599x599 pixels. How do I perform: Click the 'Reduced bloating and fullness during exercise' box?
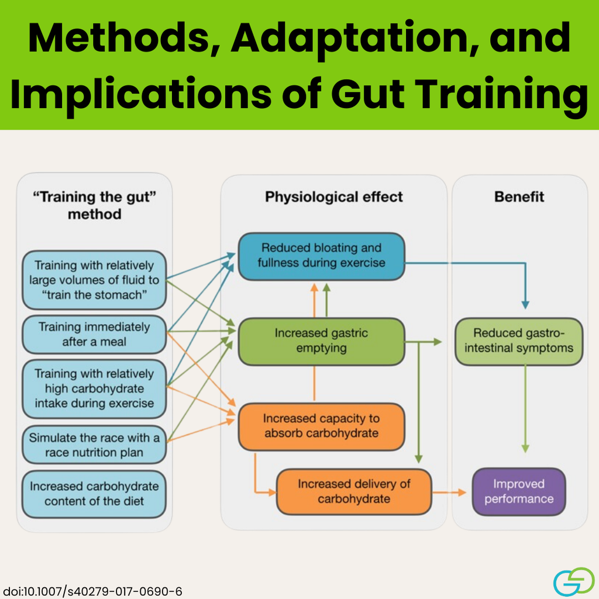(321, 256)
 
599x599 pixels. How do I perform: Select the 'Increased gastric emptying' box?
(321, 341)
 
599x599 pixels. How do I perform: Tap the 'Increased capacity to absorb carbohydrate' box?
(321, 426)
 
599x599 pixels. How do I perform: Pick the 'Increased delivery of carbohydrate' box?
(354, 491)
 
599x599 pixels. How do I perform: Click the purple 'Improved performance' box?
(519, 491)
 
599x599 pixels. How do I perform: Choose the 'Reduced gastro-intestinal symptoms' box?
(519, 341)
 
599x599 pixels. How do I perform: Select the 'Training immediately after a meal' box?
(94, 334)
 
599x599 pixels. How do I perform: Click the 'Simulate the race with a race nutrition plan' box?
(94, 445)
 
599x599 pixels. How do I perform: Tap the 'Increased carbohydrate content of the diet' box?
(94, 494)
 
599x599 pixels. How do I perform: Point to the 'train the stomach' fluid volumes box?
(94, 280)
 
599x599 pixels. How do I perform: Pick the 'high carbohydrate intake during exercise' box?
(94, 388)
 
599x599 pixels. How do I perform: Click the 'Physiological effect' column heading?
(334, 197)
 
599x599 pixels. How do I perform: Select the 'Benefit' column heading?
(519, 197)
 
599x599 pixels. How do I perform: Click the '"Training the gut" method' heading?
(94, 205)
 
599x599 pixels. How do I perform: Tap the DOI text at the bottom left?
(92, 591)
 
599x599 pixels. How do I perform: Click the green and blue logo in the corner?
(574, 581)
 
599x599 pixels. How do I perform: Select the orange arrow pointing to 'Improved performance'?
(449, 493)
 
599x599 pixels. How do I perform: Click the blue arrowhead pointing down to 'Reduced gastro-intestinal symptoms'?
(525, 304)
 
